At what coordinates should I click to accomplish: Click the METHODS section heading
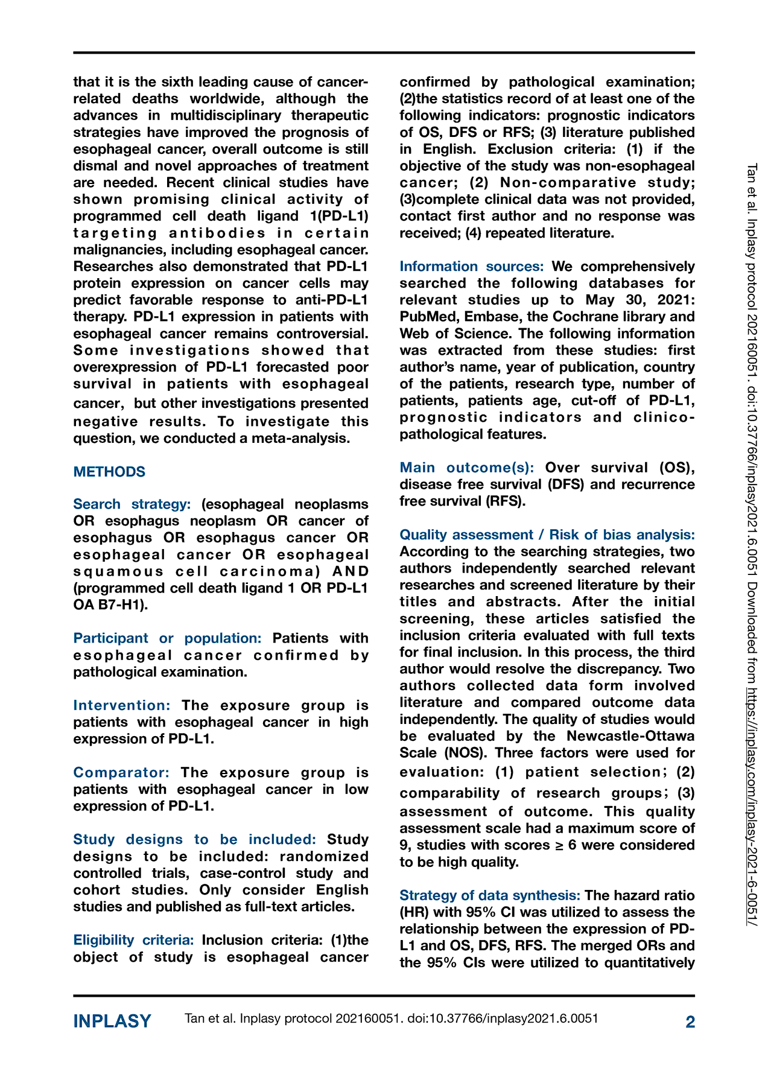coord(109,472)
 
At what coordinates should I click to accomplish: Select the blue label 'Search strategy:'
coord(132,504)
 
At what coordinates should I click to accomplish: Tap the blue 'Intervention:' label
coord(122,705)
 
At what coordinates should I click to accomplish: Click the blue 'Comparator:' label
coord(121,772)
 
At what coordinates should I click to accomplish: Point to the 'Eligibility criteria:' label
coord(133,940)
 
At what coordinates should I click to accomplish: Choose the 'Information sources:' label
coord(472,266)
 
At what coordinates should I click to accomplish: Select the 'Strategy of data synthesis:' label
coord(490,895)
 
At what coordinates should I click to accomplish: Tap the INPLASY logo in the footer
coord(112,1021)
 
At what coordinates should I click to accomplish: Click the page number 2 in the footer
coord(690,1021)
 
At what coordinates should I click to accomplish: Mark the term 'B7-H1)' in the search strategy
coord(125,605)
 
